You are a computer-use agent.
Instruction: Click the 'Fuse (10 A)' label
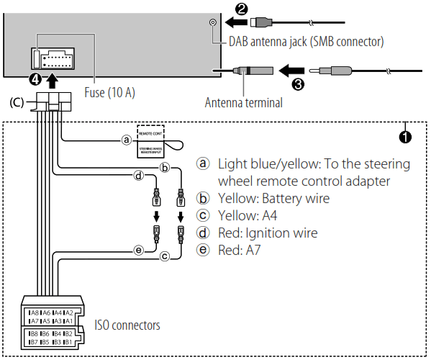point(109,92)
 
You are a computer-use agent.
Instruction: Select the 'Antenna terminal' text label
point(243,103)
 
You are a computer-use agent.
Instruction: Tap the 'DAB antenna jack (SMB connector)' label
point(306,42)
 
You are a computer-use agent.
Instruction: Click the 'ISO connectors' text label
point(127,325)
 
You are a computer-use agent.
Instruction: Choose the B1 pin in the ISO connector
point(68,342)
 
